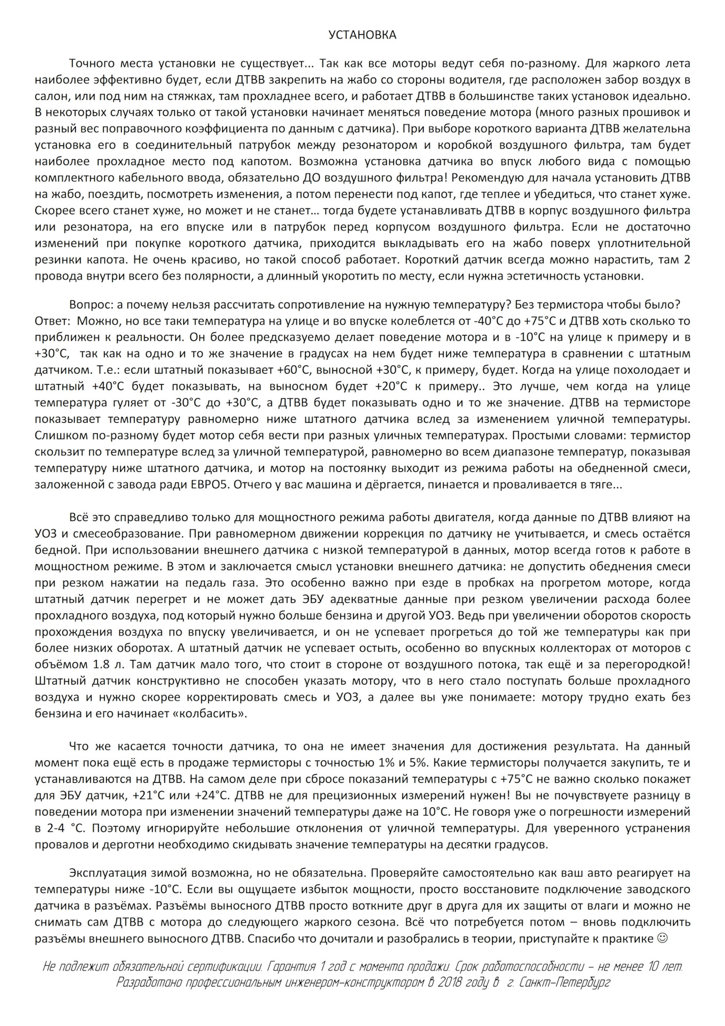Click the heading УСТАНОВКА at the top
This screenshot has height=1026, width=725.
pos(362,35)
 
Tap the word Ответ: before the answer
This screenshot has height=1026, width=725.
pos(52,321)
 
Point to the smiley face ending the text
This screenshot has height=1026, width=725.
pos(662,938)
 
